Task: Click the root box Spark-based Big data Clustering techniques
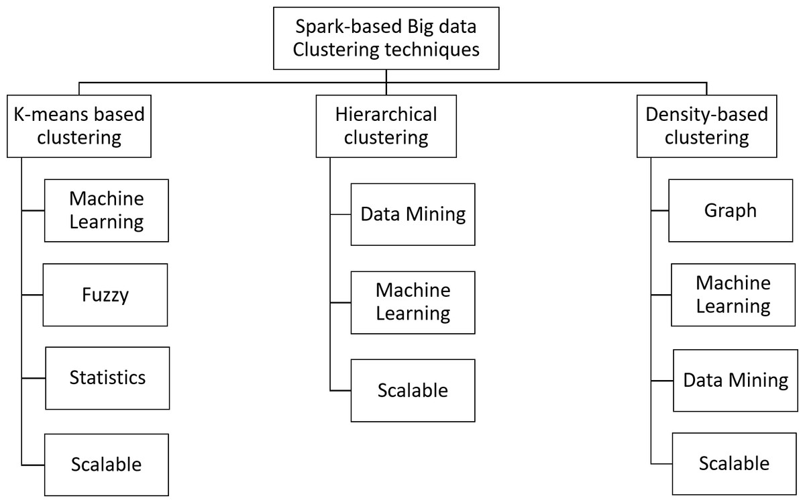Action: point(386,38)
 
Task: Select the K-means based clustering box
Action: point(79,126)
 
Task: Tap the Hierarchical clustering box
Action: point(386,126)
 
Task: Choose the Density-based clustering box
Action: point(706,126)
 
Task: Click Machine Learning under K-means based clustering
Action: point(107,210)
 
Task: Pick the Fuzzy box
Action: point(105,295)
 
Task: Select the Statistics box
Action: point(107,377)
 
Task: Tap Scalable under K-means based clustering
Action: point(107,464)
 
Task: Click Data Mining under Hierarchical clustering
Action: point(413,214)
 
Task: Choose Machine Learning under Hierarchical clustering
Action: point(413,302)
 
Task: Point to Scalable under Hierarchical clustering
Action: point(413,390)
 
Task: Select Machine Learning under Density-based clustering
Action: point(733,295)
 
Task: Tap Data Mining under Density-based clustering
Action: point(735,380)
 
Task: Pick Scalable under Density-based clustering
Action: point(734,463)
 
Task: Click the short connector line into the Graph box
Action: point(659,210)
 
